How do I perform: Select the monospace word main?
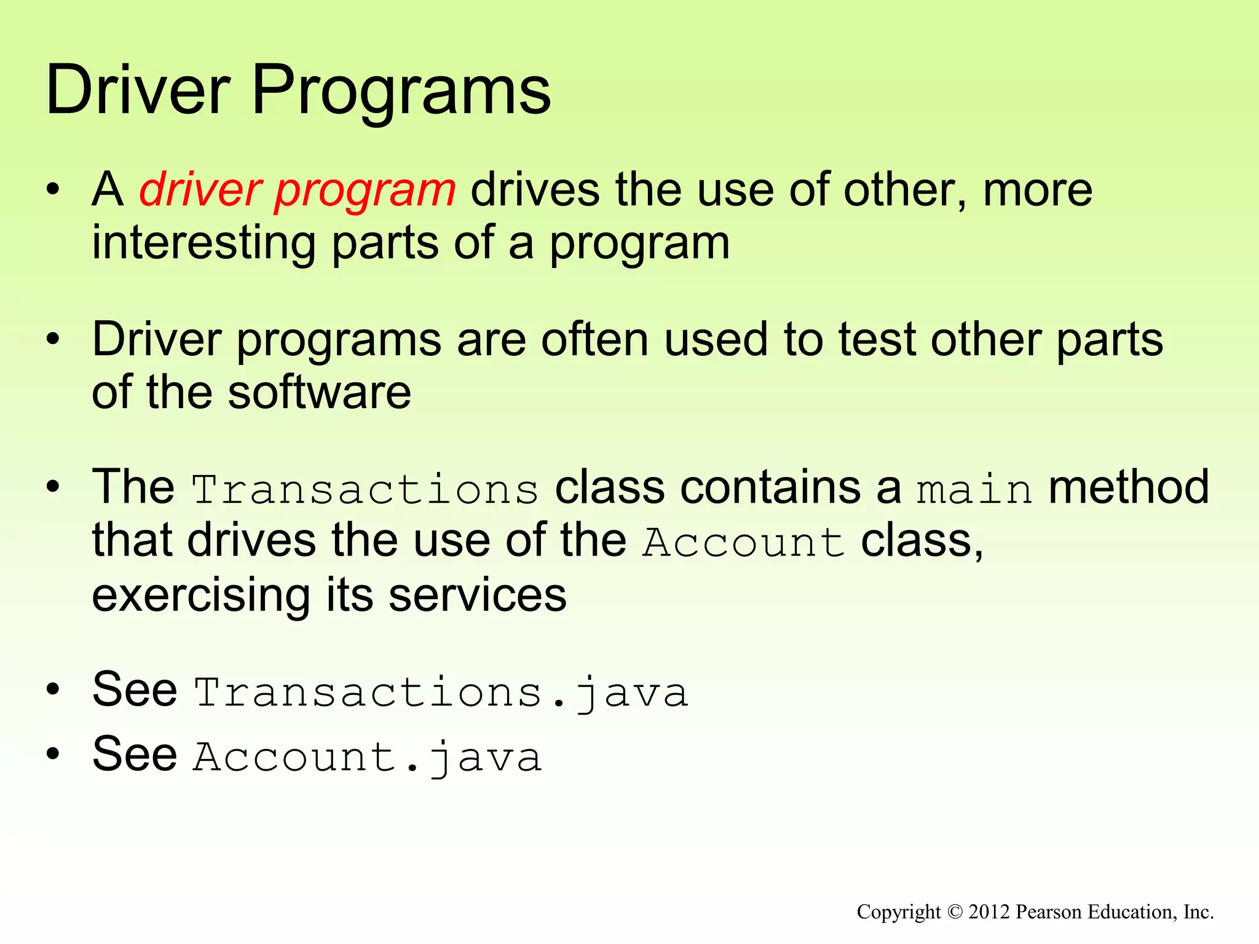(974, 490)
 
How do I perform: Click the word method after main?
(1129, 487)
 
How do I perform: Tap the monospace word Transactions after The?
(365, 490)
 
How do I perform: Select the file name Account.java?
(368, 757)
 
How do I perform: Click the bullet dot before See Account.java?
(54, 754)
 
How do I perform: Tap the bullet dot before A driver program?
(54, 189)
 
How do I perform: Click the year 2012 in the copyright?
(989, 911)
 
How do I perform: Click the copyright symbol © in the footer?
(954, 911)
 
